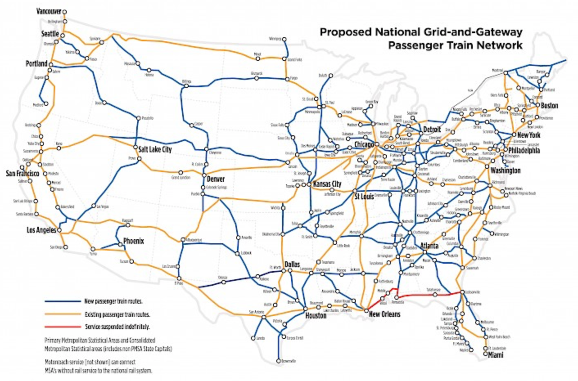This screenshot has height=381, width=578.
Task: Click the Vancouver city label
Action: [x=49, y=11]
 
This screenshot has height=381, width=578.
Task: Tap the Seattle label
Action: [x=50, y=34]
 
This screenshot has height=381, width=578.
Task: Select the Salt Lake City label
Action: [x=155, y=150]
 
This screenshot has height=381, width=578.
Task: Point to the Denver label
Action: [x=215, y=179]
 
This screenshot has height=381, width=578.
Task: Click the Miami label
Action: [x=495, y=355]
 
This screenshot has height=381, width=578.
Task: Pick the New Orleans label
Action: [x=384, y=314]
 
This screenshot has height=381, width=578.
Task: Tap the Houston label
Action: [x=316, y=316]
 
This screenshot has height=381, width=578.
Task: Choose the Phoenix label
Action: [x=133, y=241]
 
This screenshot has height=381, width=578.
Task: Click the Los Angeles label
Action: [x=41, y=230]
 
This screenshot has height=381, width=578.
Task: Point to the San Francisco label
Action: [x=22, y=174]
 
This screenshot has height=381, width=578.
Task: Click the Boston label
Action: [x=549, y=105]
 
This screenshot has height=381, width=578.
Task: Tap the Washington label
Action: [x=505, y=170]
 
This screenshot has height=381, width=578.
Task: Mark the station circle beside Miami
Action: [x=485, y=354]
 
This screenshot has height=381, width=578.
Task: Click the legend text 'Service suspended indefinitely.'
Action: [x=117, y=327]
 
